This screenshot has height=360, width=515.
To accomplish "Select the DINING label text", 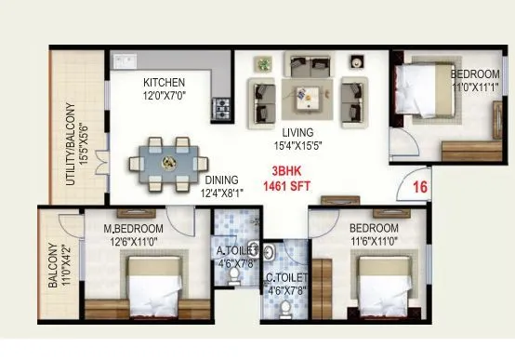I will [x=222, y=180].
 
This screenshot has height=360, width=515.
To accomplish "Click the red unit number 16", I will [x=420, y=187].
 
